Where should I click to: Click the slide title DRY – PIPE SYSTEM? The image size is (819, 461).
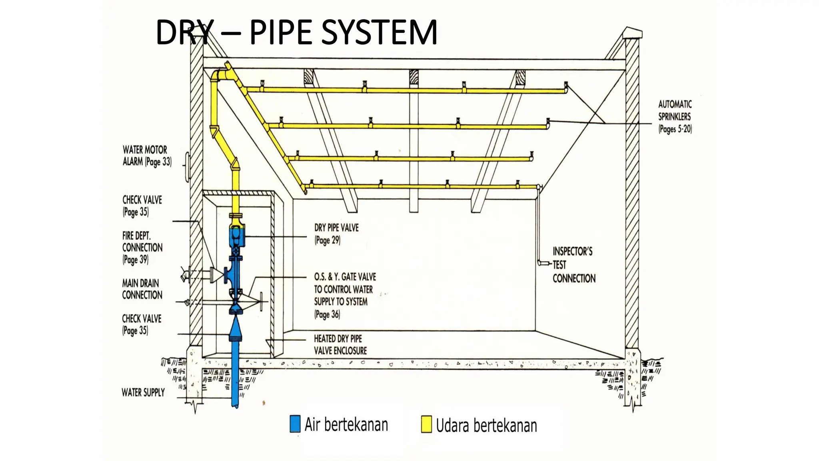[x=296, y=32]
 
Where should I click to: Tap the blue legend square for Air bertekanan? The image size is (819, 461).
[x=295, y=424]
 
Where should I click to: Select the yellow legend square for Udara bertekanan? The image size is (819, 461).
[x=427, y=424]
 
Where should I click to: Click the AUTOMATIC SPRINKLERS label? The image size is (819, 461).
[x=675, y=116]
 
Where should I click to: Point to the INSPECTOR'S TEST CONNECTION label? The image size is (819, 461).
[x=574, y=265]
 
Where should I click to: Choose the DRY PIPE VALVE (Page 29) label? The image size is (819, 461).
[x=336, y=234]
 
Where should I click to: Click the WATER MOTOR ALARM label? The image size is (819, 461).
[x=147, y=156]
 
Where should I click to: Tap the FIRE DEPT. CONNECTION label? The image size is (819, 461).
[x=142, y=248]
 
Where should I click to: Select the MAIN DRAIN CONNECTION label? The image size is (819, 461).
[x=142, y=289]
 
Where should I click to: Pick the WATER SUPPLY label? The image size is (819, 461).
[x=143, y=393]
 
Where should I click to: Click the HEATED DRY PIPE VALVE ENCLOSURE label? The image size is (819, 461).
[x=340, y=345]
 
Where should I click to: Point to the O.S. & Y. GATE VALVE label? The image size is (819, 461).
[x=345, y=296]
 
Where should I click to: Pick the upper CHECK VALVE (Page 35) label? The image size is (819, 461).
[x=142, y=206]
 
